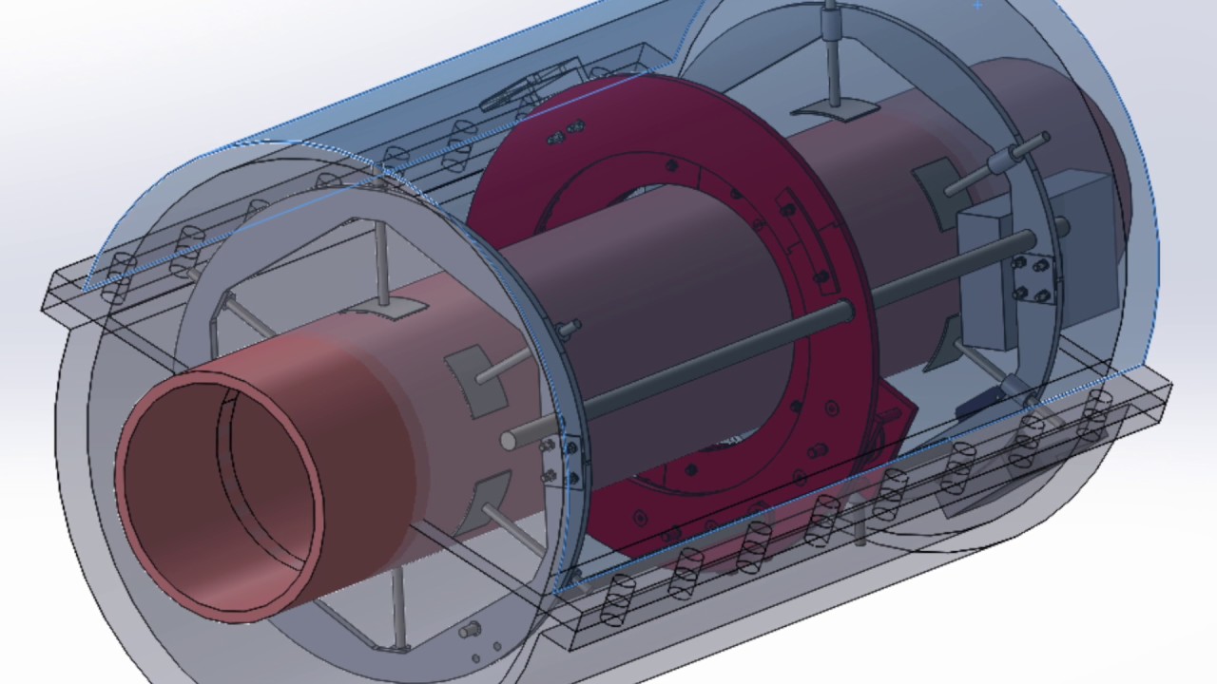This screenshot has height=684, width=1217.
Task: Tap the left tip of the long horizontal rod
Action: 510,438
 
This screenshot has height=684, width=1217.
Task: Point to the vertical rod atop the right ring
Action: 834,57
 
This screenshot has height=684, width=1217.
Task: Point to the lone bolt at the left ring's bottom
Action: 468,630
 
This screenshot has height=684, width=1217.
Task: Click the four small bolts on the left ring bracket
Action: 560,461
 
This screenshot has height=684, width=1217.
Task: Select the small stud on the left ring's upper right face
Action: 570,328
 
